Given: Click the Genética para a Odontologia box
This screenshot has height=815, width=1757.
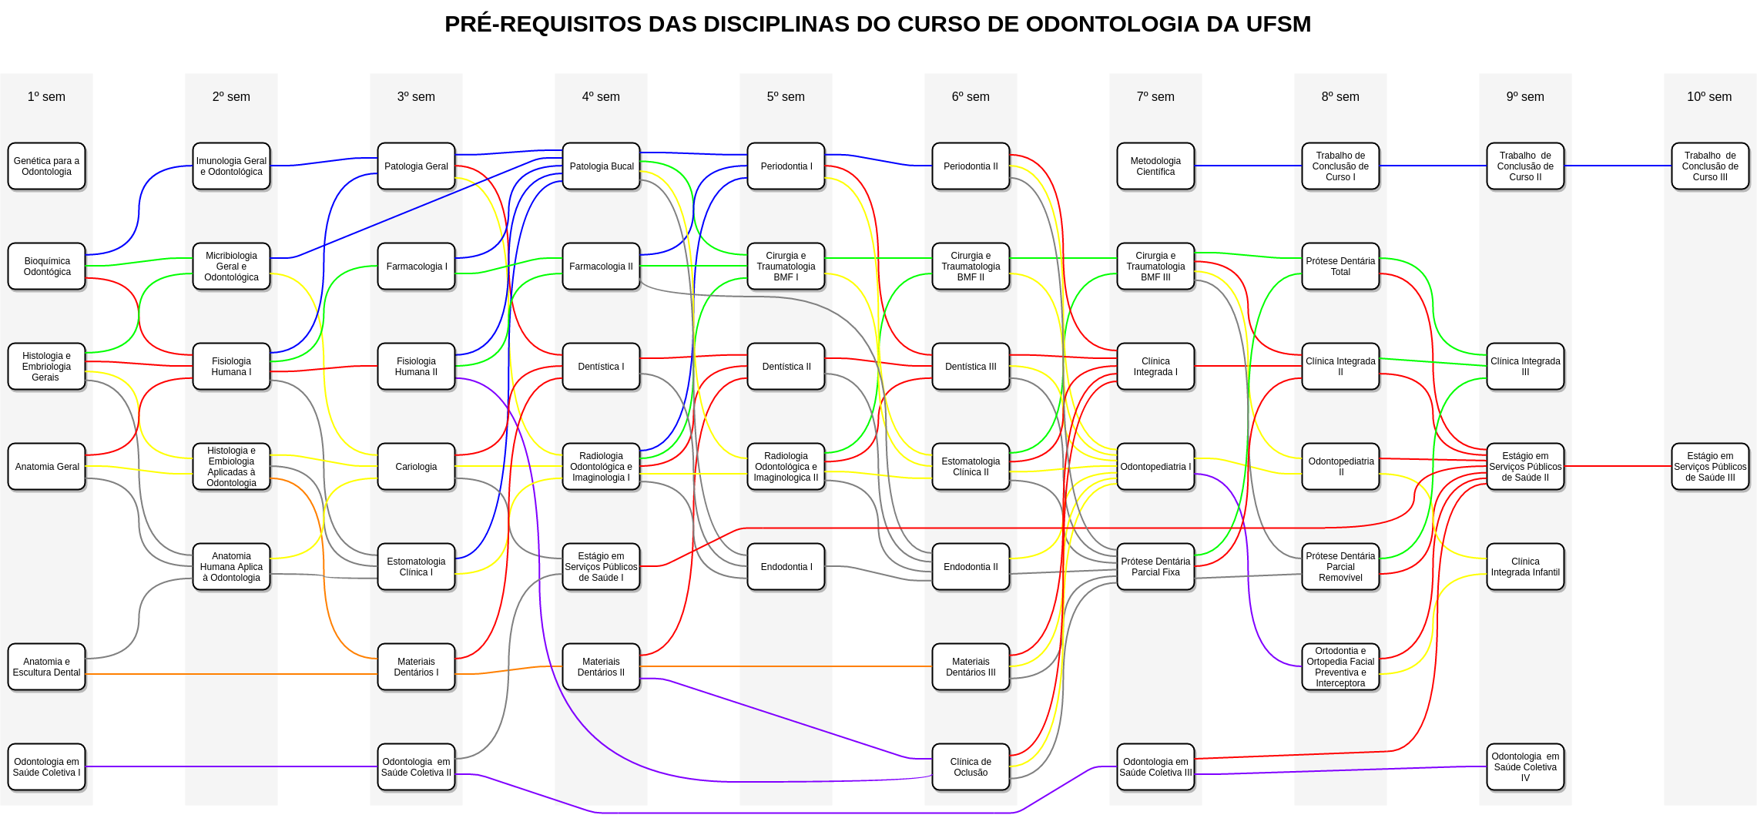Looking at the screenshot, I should click(x=46, y=166).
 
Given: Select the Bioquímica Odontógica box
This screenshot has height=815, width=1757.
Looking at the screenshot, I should click(x=46, y=267).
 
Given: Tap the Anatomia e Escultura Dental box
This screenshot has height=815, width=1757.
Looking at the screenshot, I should click(x=46, y=667).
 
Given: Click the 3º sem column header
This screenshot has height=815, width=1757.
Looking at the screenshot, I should click(x=416, y=97).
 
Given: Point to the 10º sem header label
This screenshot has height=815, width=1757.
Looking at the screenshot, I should click(x=1709, y=97).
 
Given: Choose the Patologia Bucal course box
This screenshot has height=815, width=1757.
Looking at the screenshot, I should click(x=601, y=166).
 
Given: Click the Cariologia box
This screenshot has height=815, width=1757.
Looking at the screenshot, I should click(x=416, y=467).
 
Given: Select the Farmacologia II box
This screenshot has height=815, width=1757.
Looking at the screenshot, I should click(x=601, y=267).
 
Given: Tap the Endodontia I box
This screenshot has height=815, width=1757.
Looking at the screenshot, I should click(x=786, y=567).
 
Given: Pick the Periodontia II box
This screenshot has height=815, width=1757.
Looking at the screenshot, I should click(x=971, y=166).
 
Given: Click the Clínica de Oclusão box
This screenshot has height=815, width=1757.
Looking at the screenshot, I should click(x=971, y=767).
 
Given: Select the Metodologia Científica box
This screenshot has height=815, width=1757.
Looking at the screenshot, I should click(x=1155, y=166).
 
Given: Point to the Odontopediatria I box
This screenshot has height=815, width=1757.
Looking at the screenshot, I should click(x=1155, y=467).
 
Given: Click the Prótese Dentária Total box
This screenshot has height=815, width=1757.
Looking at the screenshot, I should click(x=1340, y=267).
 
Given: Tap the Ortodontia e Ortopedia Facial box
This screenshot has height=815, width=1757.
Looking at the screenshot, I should click(x=1340, y=667).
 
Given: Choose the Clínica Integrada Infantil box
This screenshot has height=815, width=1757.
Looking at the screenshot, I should click(x=1525, y=567).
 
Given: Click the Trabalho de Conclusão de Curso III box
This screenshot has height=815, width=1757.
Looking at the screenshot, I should click(x=1710, y=166).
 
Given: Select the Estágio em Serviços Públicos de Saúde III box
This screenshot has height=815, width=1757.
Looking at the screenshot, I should click(x=1710, y=467).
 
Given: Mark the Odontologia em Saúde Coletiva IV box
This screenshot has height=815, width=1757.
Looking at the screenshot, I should click(x=1525, y=767).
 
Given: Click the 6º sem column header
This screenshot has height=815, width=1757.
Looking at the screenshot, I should click(x=971, y=97).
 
